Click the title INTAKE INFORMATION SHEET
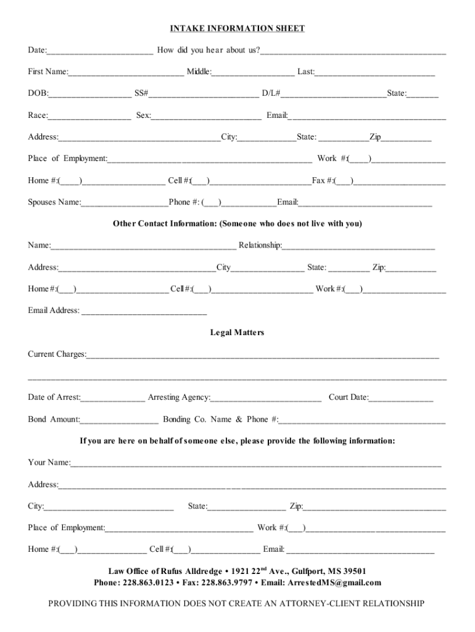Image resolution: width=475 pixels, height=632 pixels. click(238, 28)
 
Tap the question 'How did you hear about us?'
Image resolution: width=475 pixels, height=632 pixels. click(209, 50)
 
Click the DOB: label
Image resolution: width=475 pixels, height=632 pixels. click(38, 93)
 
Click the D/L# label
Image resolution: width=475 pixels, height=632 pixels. click(271, 93)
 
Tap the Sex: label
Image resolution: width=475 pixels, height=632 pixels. click(143, 115)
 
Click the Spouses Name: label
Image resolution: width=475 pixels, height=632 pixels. click(54, 202)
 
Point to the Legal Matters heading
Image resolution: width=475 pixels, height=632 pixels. click(238, 333)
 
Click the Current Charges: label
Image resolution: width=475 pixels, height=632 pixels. click(57, 354)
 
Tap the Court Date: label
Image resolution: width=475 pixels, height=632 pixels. click(349, 397)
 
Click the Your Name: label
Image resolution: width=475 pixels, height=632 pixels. click(49, 463)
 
